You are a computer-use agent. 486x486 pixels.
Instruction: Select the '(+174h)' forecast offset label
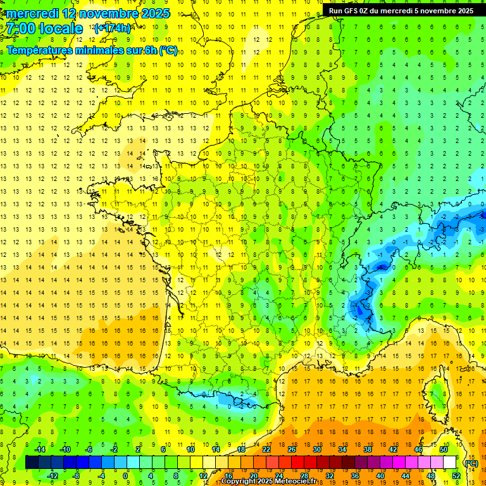(112, 28)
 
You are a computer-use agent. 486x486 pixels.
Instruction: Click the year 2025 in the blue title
(154, 13)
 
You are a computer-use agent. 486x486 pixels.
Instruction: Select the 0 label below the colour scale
(125, 476)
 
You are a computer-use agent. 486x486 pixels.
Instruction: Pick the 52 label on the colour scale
(456, 476)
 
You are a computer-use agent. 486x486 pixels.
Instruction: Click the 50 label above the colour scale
(444, 449)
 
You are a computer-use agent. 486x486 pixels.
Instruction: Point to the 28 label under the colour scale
(304, 476)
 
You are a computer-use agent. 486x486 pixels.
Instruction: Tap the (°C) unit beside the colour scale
(471, 463)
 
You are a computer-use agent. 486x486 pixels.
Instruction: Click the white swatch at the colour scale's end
(450, 463)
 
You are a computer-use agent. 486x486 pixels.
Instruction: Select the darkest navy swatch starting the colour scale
(32, 463)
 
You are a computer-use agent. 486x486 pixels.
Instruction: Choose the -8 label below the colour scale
(76, 476)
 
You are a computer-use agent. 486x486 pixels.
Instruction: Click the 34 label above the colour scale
(342, 449)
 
